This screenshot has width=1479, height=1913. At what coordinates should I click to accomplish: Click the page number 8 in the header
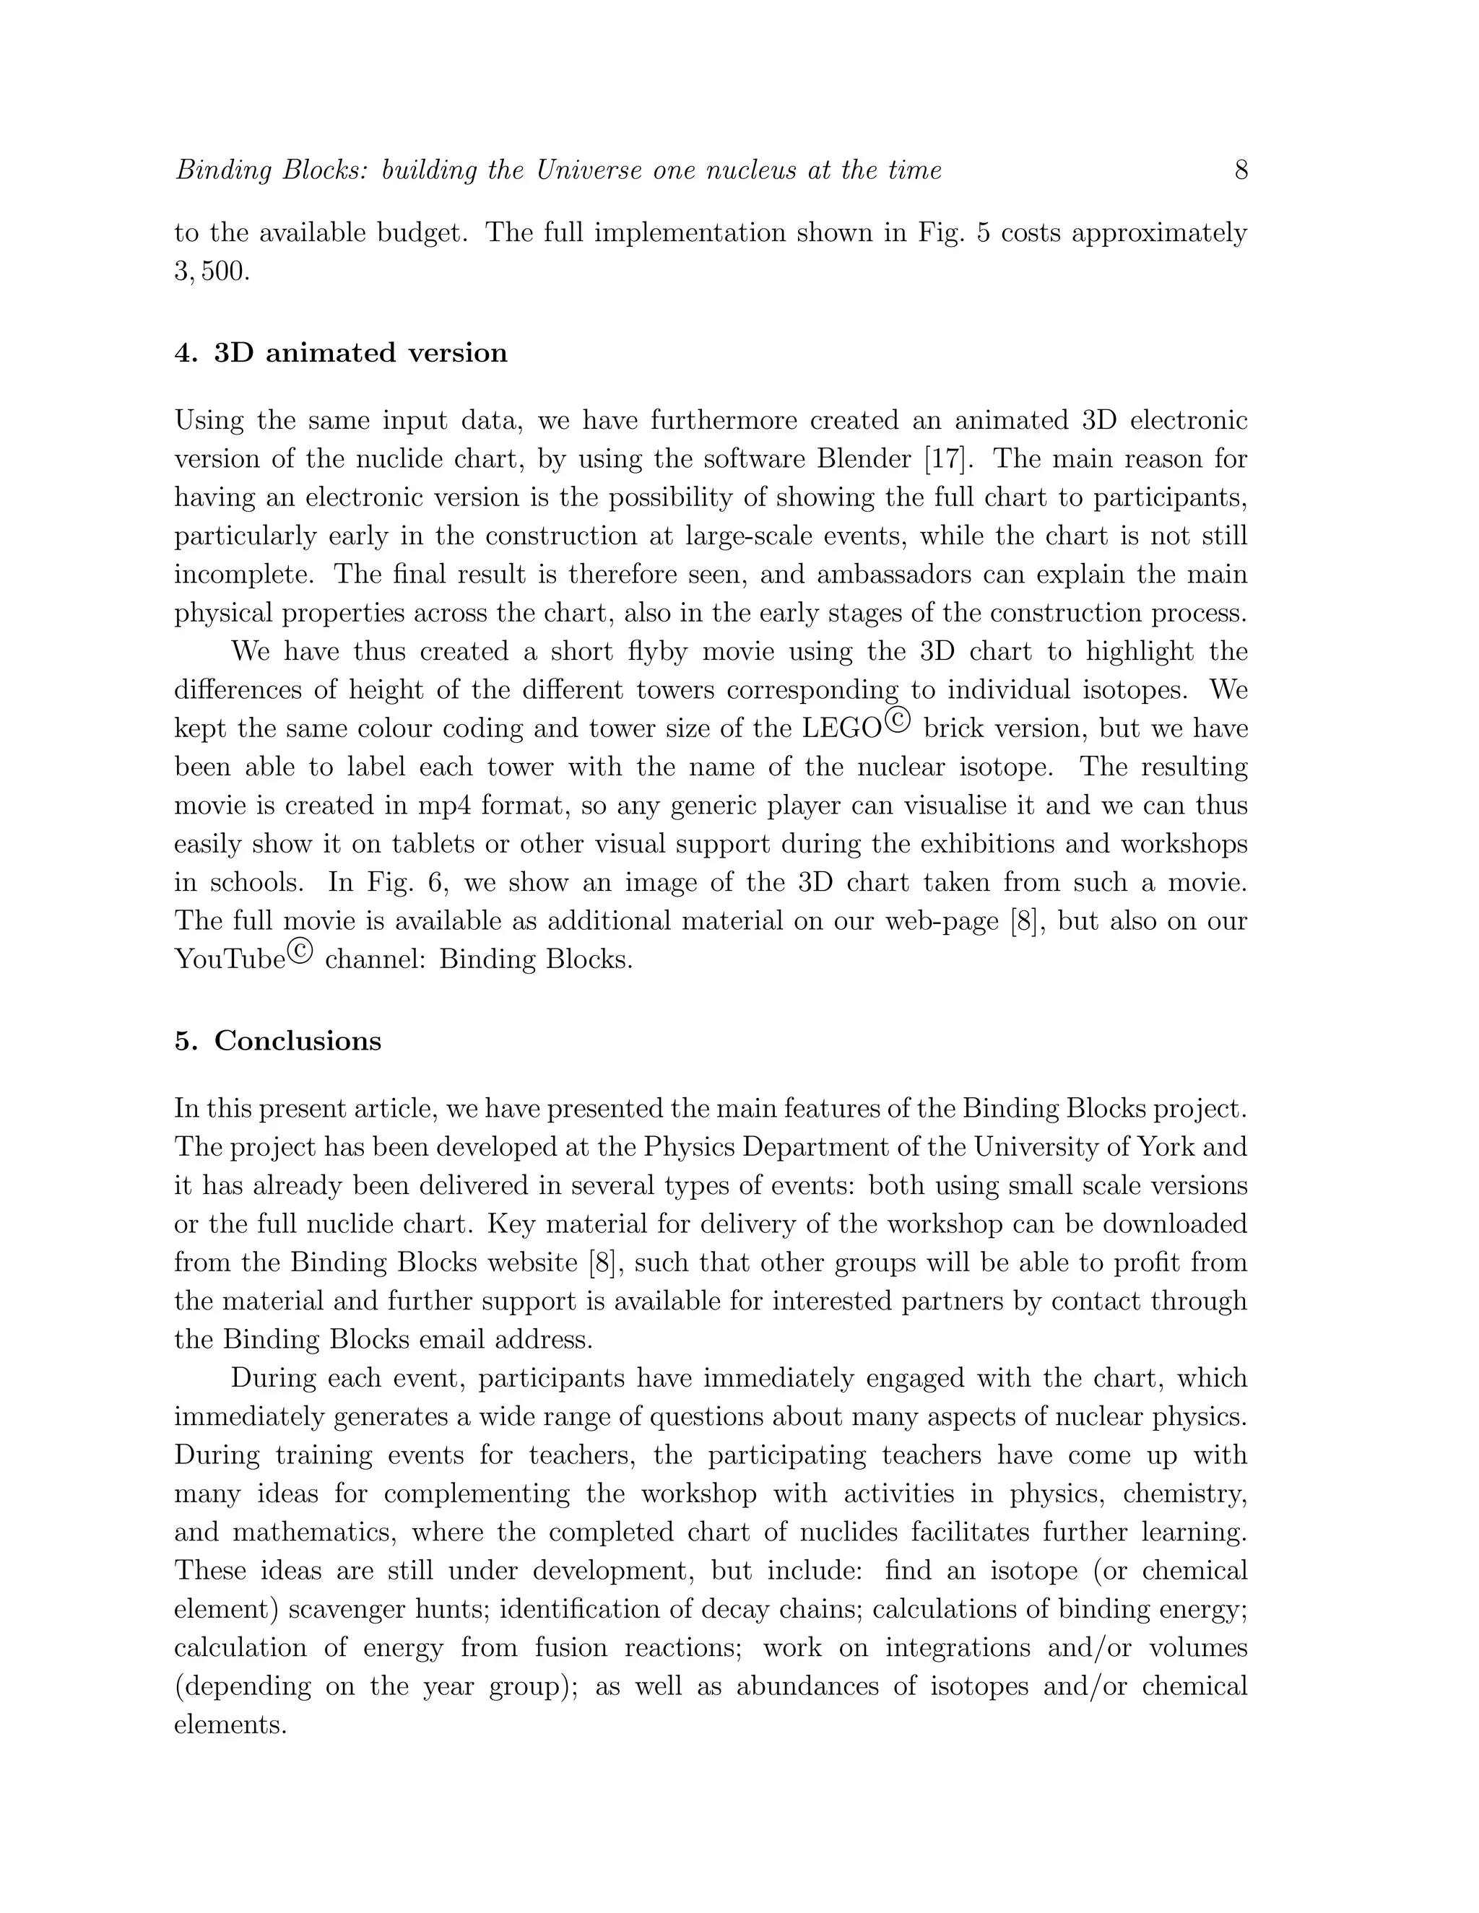[x=1241, y=170]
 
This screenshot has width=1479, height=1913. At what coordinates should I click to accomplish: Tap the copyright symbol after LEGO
[x=898, y=719]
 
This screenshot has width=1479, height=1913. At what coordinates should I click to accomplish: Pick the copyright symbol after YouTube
[x=299, y=951]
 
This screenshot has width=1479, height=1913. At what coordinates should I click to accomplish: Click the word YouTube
[x=230, y=960]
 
